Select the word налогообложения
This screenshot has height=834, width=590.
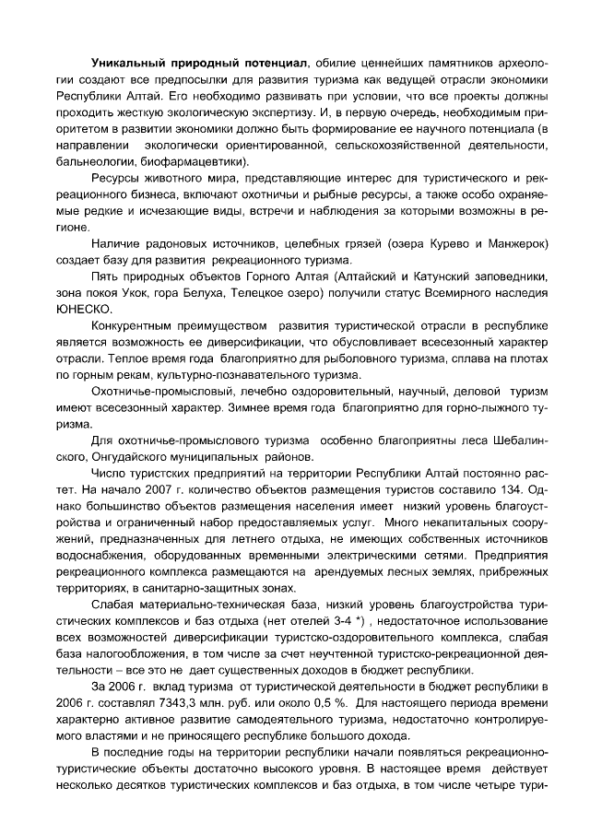click(137, 654)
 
